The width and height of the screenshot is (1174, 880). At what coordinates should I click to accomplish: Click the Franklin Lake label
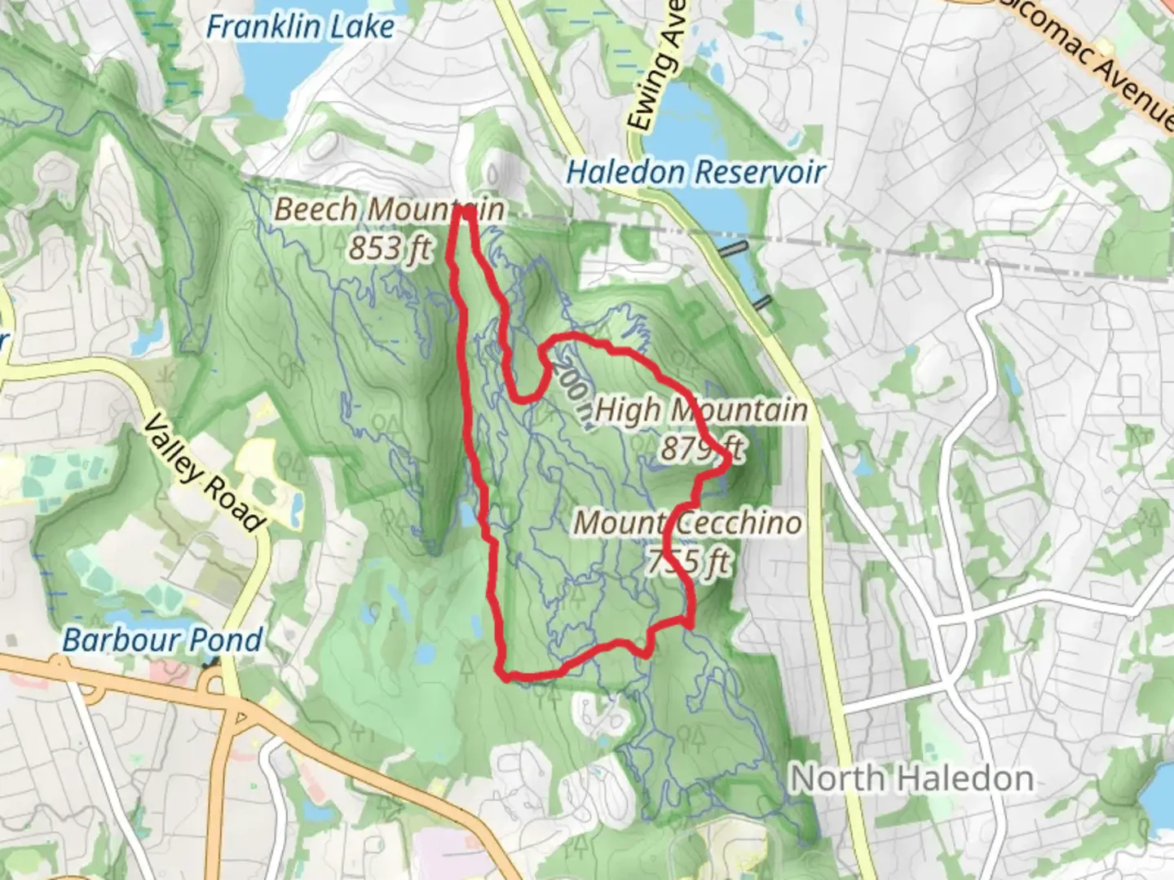300,27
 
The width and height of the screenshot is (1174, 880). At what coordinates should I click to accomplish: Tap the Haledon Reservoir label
695,172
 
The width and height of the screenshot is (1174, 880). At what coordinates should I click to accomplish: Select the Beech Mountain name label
389,209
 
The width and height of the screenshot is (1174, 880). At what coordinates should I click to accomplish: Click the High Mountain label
701,410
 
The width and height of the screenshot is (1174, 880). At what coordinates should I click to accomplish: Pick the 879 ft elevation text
702,447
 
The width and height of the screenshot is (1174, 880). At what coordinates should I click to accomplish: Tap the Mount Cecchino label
688,522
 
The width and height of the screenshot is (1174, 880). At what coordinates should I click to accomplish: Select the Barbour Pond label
162,640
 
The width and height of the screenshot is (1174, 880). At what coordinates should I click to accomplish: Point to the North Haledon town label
911,778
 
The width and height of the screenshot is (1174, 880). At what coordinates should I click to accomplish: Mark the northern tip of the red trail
466,210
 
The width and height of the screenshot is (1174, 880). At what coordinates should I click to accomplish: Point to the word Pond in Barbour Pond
227,640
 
